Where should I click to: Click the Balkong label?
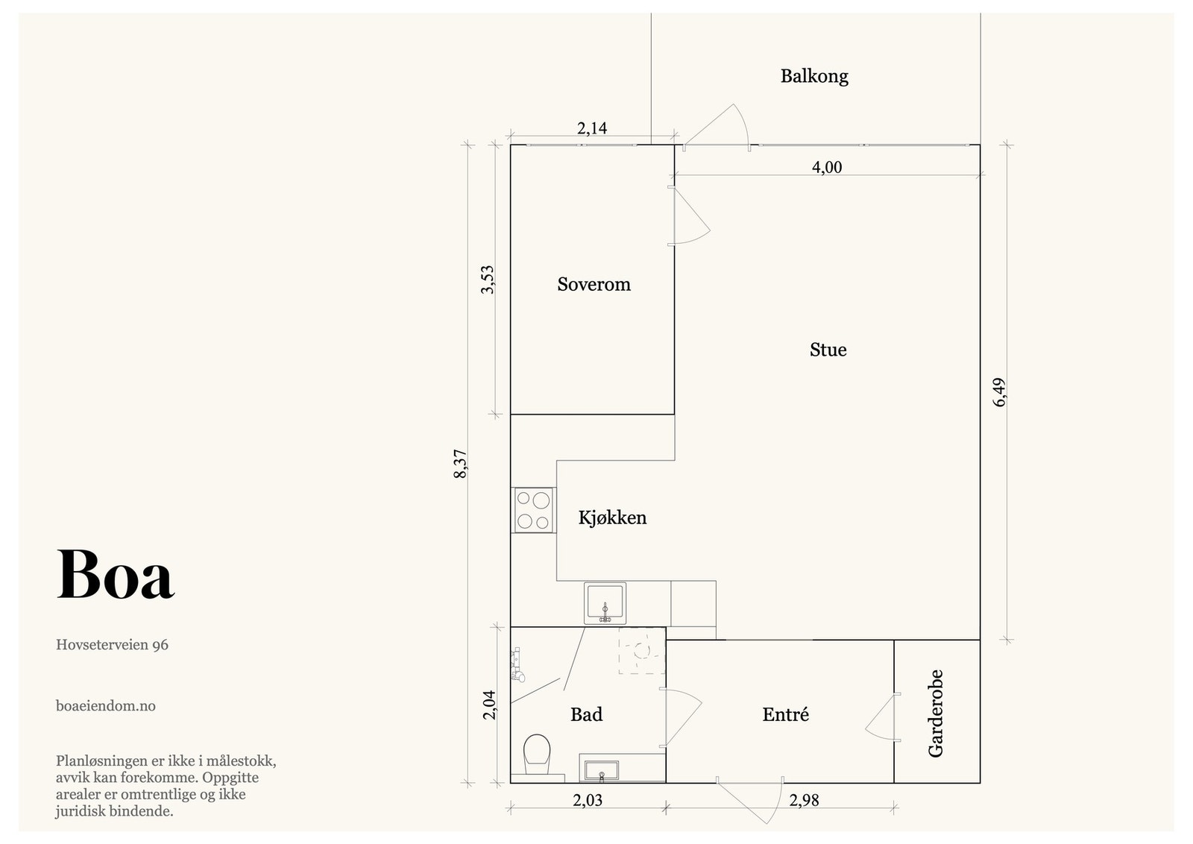[x=813, y=76]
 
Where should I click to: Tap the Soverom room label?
[x=594, y=284]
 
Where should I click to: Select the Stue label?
[x=828, y=350]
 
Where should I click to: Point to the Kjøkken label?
[x=612, y=517]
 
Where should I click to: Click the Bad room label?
[x=586, y=714]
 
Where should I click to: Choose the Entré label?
[x=786, y=714]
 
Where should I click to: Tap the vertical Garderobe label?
[x=935, y=714]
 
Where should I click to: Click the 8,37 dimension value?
[x=460, y=464]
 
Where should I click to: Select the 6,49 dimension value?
[x=999, y=392]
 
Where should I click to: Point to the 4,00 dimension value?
[x=827, y=167]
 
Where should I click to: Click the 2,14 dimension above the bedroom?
[x=592, y=128]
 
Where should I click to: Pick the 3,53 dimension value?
[x=488, y=280]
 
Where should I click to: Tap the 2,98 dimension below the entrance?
[x=804, y=800]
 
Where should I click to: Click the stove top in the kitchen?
[x=533, y=510]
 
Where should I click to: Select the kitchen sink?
[x=605, y=603]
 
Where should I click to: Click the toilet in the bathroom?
[x=537, y=755]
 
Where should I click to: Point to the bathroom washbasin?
[x=602, y=771]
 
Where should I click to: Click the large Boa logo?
[x=116, y=575]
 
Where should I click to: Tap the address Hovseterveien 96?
[x=112, y=645]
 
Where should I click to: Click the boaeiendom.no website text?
[x=105, y=706]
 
